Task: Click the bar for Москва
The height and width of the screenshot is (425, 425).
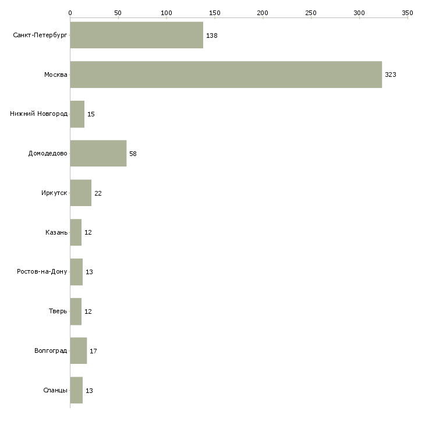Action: (226, 75)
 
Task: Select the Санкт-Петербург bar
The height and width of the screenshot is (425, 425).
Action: (136, 35)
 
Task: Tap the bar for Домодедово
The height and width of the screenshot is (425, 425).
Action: (98, 154)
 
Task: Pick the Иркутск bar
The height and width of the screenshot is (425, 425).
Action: (80, 193)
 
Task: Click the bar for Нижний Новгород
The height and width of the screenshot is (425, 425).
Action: (77, 114)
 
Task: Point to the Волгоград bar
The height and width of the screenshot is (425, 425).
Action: (78, 350)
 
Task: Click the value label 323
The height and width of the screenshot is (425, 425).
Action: (390, 75)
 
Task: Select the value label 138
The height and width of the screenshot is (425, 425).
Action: (211, 36)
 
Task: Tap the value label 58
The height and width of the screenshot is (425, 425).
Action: (133, 154)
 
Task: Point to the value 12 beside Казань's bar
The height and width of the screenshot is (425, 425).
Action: (88, 232)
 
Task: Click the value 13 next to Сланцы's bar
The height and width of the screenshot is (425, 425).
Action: (89, 390)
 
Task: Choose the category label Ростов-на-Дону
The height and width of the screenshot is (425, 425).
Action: (42, 272)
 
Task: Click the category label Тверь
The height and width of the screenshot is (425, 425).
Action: (58, 311)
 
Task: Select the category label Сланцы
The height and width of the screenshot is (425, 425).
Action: (55, 390)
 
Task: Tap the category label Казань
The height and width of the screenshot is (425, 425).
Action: (56, 232)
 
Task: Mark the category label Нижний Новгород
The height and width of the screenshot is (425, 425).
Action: (38, 114)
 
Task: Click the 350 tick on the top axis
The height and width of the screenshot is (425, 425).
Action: (408, 12)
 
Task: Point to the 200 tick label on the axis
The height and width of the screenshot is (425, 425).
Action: (263, 12)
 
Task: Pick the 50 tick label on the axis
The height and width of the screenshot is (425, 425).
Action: (118, 12)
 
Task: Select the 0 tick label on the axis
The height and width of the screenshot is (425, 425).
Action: (70, 12)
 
